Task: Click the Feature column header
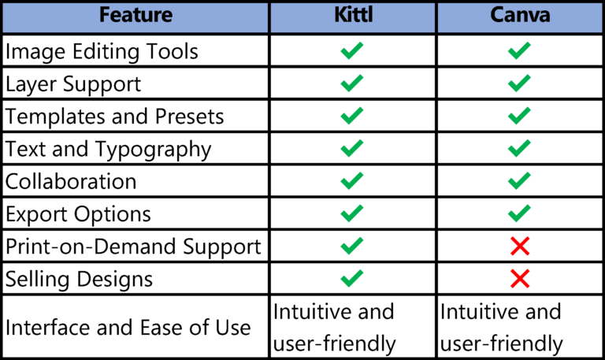[x=135, y=17]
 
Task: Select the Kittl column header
[x=352, y=17]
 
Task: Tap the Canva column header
[x=519, y=17]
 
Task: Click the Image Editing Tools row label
[x=102, y=52]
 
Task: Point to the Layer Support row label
[x=73, y=84]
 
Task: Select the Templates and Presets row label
[x=115, y=117]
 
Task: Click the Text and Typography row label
[x=109, y=149]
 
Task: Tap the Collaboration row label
[x=71, y=181]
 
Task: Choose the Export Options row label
[x=78, y=213]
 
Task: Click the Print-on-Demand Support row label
[x=133, y=246]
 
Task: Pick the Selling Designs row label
[x=79, y=278]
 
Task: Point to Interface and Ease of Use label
[x=128, y=328]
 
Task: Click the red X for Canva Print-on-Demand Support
[x=519, y=247]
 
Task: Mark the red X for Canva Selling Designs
[x=519, y=279]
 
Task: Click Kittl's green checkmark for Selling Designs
[x=352, y=278]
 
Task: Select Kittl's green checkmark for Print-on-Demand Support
[x=352, y=246]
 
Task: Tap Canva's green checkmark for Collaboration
[x=519, y=181]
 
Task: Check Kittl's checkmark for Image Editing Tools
[x=352, y=52]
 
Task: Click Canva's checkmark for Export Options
[x=519, y=213]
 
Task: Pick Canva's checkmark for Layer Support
[x=519, y=84]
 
